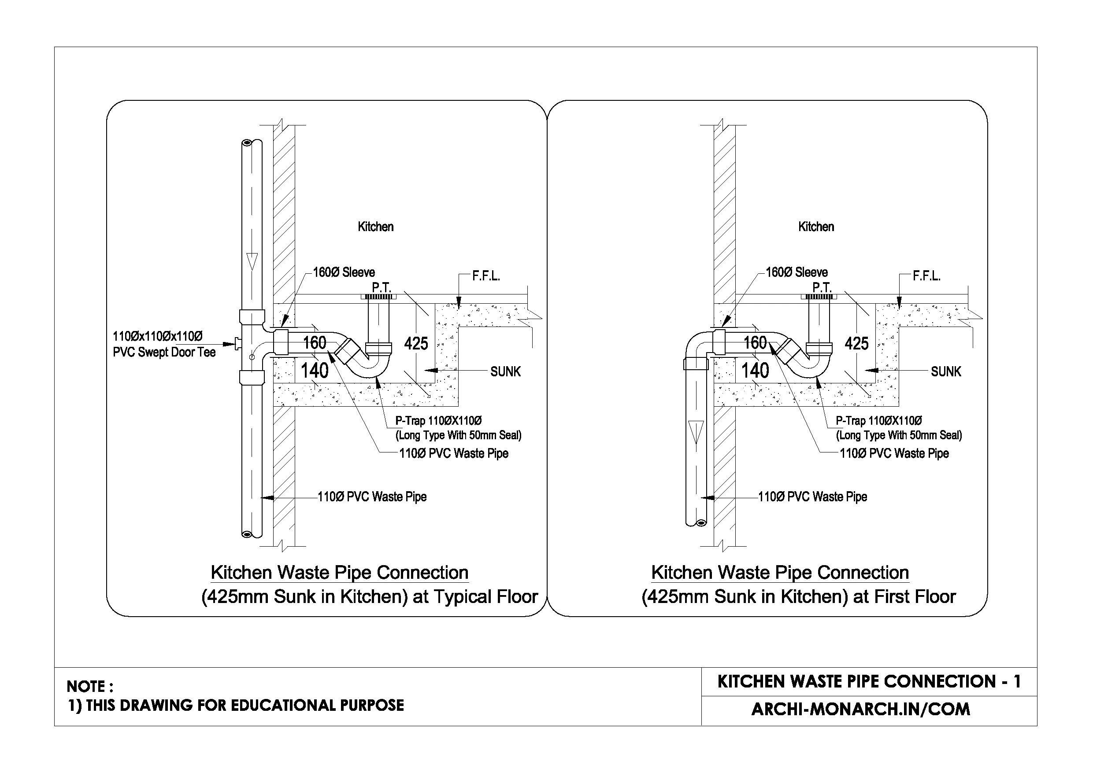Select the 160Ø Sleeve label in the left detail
(x=344, y=272)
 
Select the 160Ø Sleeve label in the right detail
(x=797, y=272)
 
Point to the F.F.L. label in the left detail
(x=486, y=276)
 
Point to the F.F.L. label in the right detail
(x=926, y=276)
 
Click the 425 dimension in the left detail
(x=416, y=343)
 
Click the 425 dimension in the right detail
(x=856, y=343)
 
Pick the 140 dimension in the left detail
(x=315, y=371)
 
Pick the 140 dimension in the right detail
(x=755, y=371)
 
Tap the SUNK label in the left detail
(x=506, y=371)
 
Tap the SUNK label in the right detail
(x=946, y=371)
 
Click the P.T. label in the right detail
(x=822, y=287)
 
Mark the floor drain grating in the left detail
(x=379, y=297)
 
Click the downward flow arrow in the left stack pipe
(x=252, y=261)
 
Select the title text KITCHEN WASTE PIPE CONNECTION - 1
(x=869, y=682)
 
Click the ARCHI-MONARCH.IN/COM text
(x=861, y=709)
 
